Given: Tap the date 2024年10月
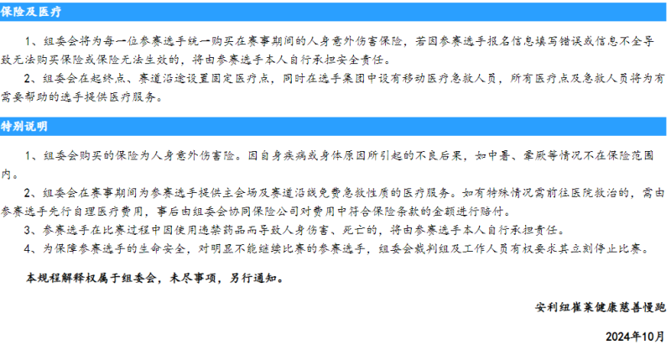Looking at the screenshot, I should tap(636, 337).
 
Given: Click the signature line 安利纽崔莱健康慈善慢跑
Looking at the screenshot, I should tap(600, 307).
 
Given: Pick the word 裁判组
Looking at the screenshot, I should tap(424, 249).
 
